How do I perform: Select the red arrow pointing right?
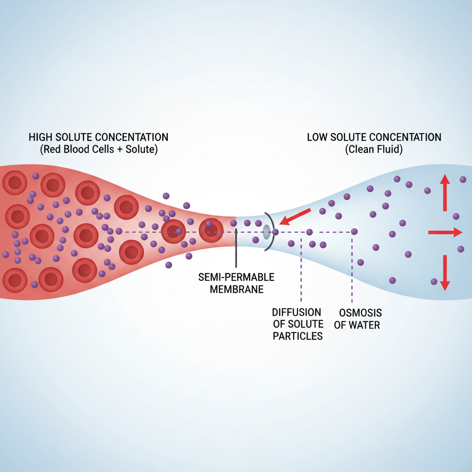click(445, 233)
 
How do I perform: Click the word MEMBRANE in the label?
click(236, 289)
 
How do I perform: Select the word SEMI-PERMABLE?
click(236, 277)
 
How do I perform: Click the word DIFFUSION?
click(296, 313)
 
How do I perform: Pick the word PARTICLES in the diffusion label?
click(297, 336)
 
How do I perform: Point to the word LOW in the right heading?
click(318, 137)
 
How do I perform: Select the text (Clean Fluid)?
click(374, 149)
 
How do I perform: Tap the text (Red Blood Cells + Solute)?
click(99, 149)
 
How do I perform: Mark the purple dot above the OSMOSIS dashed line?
click(354, 231)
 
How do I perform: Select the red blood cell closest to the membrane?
click(211, 230)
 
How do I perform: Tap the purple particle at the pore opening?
click(275, 232)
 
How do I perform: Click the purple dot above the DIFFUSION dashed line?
click(309, 232)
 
